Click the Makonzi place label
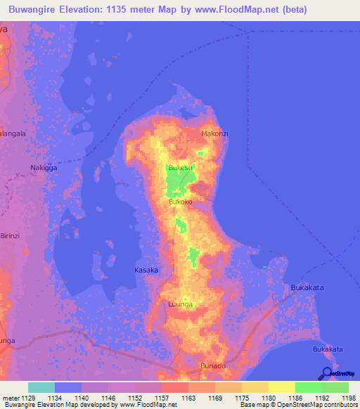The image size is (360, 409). point(215,134)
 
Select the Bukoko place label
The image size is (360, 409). point(181,202)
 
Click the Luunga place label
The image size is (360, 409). point(180,304)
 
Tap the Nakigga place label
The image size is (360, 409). point(44,168)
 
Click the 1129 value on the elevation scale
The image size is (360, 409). point(27,398)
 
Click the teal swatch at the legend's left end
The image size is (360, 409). point(41,387)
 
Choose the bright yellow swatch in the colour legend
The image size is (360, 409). point(281,387)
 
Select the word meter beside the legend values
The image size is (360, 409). point(10,398)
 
